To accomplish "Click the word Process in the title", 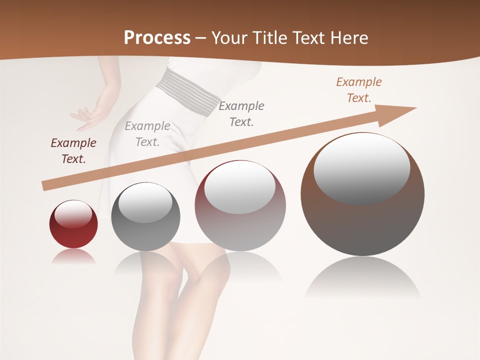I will click(x=157, y=37).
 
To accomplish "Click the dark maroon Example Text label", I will click(x=73, y=151).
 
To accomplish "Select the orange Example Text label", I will click(x=358, y=90).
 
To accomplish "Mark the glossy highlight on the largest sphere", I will click(x=361, y=167).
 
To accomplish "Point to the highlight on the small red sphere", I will click(x=73, y=215).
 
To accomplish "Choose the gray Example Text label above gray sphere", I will click(x=147, y=134).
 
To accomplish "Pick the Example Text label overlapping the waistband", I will click(x=241, y=113).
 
